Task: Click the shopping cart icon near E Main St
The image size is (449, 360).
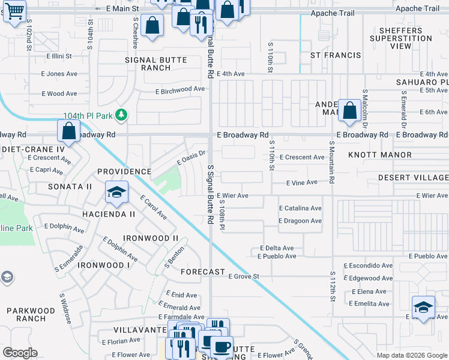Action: click(14, 10)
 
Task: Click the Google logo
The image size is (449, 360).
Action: click(20, 353)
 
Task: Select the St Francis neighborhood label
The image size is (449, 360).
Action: click(336, 55)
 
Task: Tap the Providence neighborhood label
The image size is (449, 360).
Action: click(124, 172)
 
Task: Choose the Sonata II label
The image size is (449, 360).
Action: click(71, 187)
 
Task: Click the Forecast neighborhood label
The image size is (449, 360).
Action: click(203, 272)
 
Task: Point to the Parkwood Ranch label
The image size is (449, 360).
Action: click(31, 314)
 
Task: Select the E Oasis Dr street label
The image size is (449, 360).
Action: click(191, 158)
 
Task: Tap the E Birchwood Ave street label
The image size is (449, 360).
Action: click(180, 89)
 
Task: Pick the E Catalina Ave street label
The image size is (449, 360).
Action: click(300, 208)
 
